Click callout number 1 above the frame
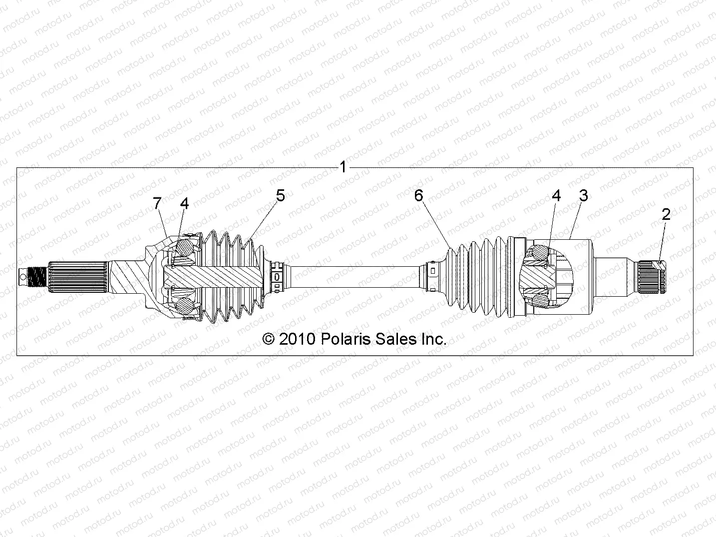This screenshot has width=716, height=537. tap(343, 166)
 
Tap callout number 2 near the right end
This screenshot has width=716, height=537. tap(666, 214)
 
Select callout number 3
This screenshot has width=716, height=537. tap(583, 195)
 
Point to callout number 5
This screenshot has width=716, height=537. tap(281, 195)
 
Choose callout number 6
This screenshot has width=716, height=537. tap(418, 195)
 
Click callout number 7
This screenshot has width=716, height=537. tap(157, 203)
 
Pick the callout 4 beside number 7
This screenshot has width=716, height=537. tap(185, 203)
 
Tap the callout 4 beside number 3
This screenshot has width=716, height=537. tap(556, 195)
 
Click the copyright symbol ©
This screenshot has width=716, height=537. tap(269, 339)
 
